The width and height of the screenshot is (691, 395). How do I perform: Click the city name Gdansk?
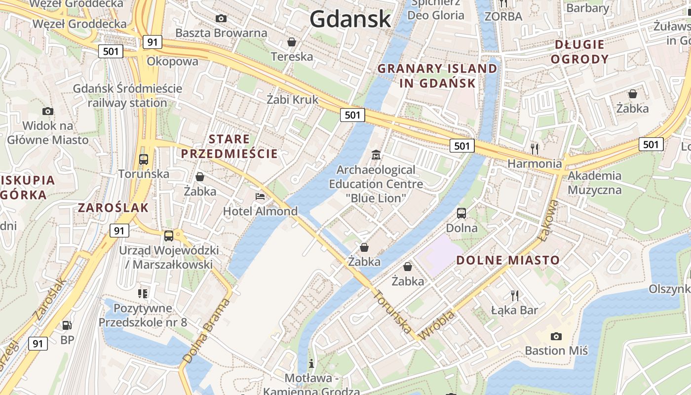[350, 19]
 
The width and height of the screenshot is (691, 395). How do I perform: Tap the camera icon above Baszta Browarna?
[221, 19]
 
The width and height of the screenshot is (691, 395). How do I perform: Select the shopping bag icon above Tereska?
[292, 42]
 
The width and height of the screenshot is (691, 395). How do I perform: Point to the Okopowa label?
[172, 62]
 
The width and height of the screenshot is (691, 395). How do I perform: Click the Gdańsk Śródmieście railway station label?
[127, 96]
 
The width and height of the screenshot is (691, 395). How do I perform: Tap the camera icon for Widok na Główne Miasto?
[48, 111]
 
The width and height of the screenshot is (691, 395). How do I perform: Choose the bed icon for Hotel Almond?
[260, 196]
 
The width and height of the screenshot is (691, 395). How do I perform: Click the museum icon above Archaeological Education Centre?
[376, 155]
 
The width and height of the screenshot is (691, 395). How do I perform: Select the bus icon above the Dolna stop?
[461, 213]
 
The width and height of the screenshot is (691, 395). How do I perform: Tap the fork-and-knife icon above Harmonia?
[534, 148]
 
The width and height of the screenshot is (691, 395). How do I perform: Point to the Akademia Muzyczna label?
[594, 183]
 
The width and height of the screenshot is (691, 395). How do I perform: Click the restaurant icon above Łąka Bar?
[515, 295]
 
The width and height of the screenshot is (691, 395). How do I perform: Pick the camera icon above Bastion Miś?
[556, 336]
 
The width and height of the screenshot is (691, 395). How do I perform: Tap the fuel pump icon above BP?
[67, 325]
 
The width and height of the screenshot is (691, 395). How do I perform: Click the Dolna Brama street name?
[206, 331]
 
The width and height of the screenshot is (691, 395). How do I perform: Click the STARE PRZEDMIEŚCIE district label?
[230, 146]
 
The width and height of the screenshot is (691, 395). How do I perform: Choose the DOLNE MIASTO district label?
[507, 260]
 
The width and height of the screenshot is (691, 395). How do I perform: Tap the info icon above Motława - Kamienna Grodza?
[311, 364]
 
